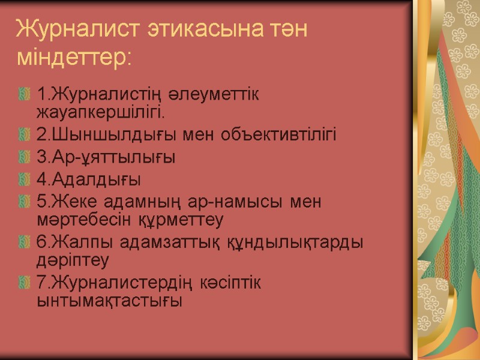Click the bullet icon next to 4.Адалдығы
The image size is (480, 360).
pos(25,180)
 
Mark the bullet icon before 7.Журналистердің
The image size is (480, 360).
pos(25,282)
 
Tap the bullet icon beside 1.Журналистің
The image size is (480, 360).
pos(25,94)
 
